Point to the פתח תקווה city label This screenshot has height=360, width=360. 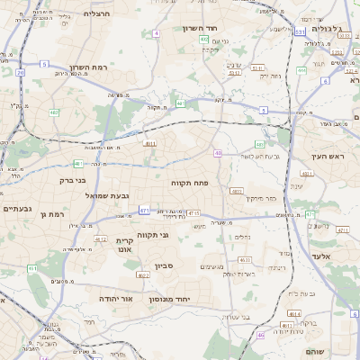pos(190,182)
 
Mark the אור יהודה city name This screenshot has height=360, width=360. pos(115,297)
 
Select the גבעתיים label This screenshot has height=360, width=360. pos(17,209)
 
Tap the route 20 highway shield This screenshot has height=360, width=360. pos(20,72)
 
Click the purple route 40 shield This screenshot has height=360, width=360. pos(218,153)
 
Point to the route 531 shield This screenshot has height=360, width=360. pos(301,32)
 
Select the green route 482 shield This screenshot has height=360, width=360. pos(54,112)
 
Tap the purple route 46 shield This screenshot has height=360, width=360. pos(261,335)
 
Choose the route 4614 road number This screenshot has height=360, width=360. pos(294,312)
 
